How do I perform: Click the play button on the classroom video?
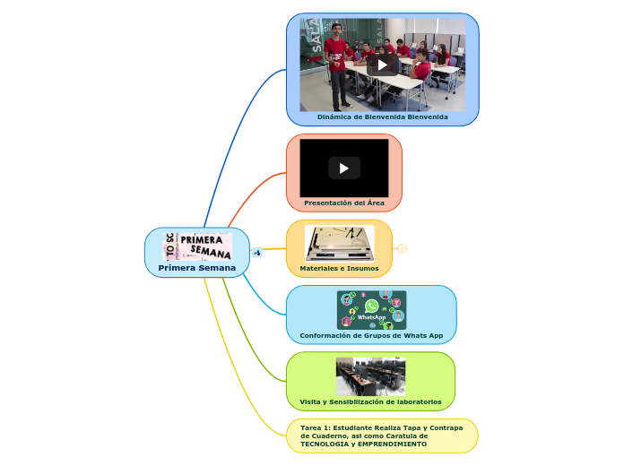click(383, 65)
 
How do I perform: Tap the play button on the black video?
click(344, 168)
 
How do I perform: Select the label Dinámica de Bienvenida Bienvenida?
click(382, 116)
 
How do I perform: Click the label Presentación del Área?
click(344, 203)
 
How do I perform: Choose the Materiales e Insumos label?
click(339, 268)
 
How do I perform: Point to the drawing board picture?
click(339, 243)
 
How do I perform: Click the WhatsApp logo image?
click(371, 309)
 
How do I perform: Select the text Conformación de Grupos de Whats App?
click(371, 335)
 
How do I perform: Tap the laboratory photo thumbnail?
click(370, 376)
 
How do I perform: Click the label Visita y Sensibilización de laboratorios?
click(370, 401)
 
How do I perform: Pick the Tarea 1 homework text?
click(381, 436)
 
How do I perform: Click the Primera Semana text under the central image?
click(197, 268)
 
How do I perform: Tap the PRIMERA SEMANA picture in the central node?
click(197, 246)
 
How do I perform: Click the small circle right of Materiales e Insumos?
click(403, 249)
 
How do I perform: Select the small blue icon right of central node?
click(257, 253)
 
